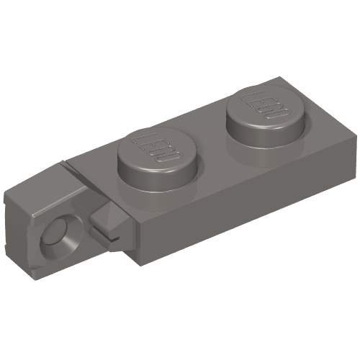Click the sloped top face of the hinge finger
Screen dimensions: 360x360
pos(43,187)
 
